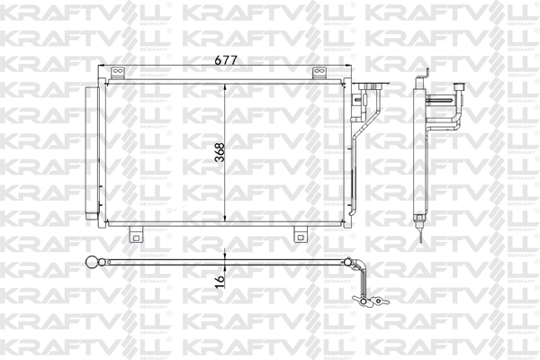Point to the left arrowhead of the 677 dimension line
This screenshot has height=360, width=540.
tap(103, 68)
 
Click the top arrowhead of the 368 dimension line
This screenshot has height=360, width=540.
tap(224, 86)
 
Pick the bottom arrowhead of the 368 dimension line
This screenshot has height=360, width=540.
tap(224, 220)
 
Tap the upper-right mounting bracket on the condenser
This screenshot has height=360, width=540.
tap(318, 75)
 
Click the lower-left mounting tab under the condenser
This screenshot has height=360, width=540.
tap(136, 235)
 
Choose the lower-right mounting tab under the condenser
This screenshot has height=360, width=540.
tap(300, 235)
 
